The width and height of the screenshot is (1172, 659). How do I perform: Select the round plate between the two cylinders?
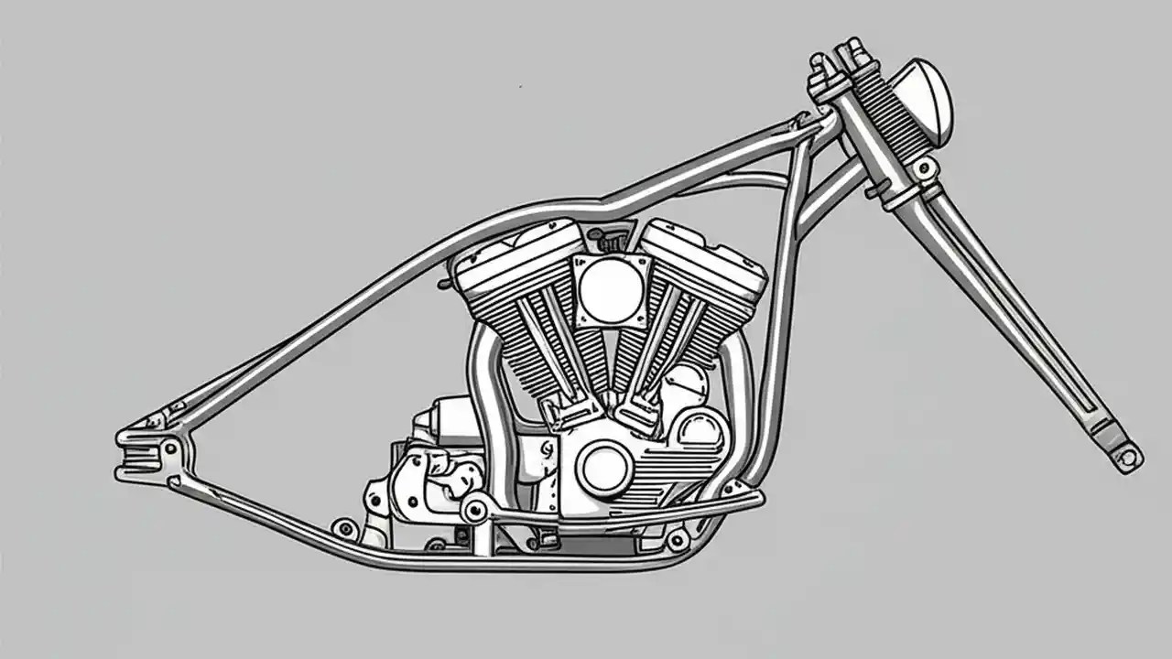point(604,289)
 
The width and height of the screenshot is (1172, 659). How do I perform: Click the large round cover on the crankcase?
point(603,466)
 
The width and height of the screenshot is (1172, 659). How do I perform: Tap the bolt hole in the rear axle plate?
point(170,448)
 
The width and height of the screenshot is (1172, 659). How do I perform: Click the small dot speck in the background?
point(520,86)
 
